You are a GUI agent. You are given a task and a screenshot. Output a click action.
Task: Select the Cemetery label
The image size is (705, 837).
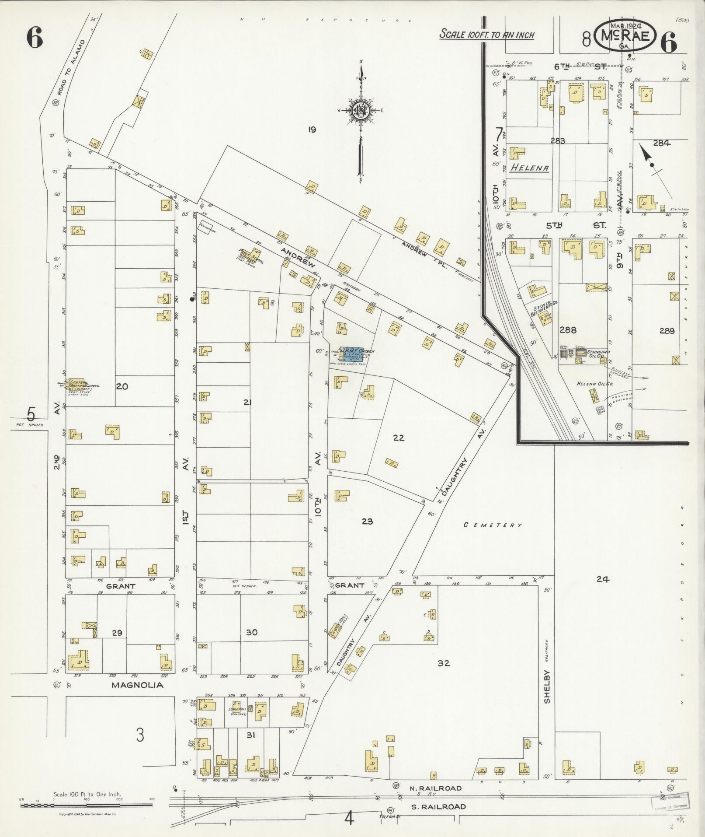(493, 525)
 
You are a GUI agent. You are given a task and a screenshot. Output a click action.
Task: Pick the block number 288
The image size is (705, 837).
(568, 330)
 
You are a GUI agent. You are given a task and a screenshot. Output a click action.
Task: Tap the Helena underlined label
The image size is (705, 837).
(530, 168)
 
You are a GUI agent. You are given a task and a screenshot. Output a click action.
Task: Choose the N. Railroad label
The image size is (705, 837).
(435, 788)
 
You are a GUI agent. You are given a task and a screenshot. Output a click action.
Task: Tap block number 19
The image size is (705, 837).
(312, 130)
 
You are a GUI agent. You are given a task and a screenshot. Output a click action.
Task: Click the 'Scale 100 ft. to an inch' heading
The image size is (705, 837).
(486, 34)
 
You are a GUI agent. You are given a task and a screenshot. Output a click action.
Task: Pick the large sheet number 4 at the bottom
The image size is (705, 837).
(348, 818)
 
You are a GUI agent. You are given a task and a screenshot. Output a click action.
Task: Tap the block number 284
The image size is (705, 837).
(661, 143)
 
